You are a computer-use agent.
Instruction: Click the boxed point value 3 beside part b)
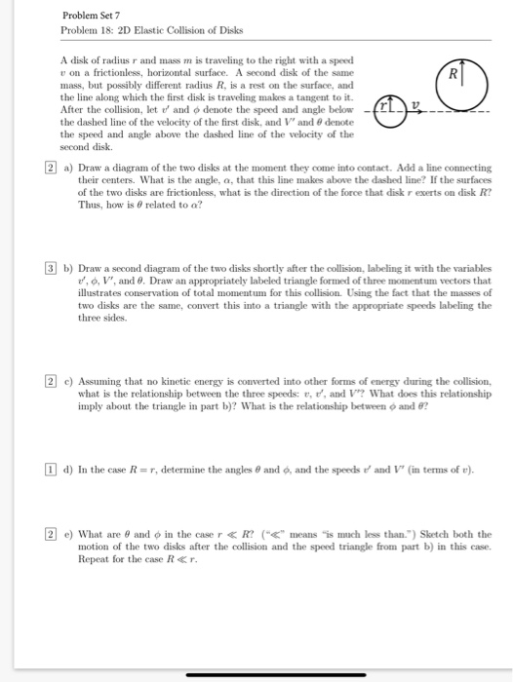pyautogui.click(x=51, y=269)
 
